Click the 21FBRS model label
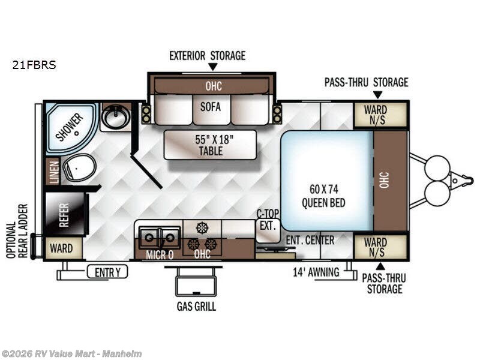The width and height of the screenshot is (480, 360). tap(34, 65)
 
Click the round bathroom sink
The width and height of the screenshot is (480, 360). tap(115, 117)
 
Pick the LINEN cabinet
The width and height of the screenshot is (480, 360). tap(53, 172)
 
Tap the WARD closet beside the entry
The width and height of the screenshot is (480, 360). tap(61, 248)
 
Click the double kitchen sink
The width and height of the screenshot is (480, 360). tap(159, 237)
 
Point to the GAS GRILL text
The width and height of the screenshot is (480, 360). tap(196, 307)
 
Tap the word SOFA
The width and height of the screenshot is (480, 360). tap(211, 107)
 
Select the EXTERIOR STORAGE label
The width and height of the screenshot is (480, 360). tap(207, 56)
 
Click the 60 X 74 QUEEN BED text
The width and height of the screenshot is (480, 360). tap(323, 196)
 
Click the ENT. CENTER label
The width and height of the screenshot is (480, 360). tap(309, 241)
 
